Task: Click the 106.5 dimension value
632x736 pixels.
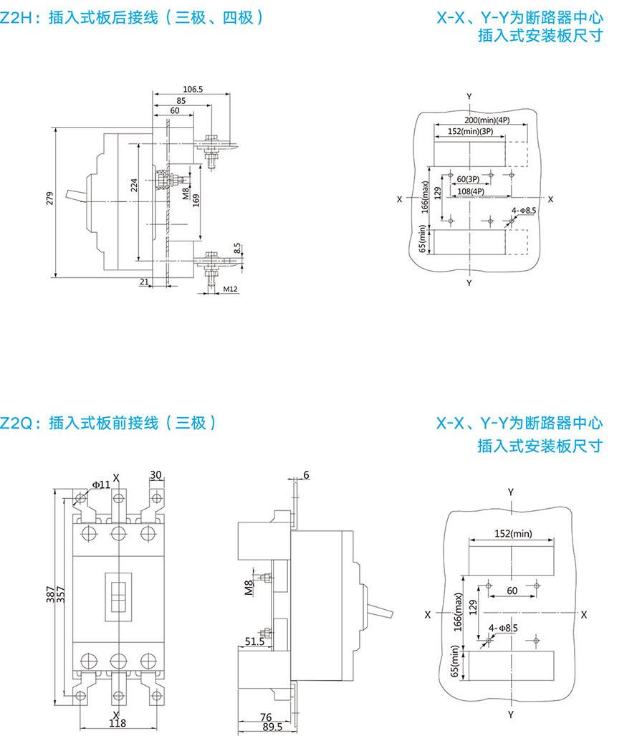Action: point(193,90)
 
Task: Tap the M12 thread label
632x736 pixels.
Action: point(229,289)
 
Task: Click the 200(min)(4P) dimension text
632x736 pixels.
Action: point(486,120)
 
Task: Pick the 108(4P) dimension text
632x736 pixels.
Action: point(471,191)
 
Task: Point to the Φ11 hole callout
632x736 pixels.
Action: point(100,485)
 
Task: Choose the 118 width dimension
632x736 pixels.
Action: point(118,724)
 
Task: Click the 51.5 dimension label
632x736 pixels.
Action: point(254,642)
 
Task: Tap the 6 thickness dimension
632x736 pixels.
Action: point(307,476)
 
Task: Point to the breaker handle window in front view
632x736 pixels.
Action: point(118,594)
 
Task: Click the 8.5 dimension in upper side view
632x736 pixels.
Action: point(237,249)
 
